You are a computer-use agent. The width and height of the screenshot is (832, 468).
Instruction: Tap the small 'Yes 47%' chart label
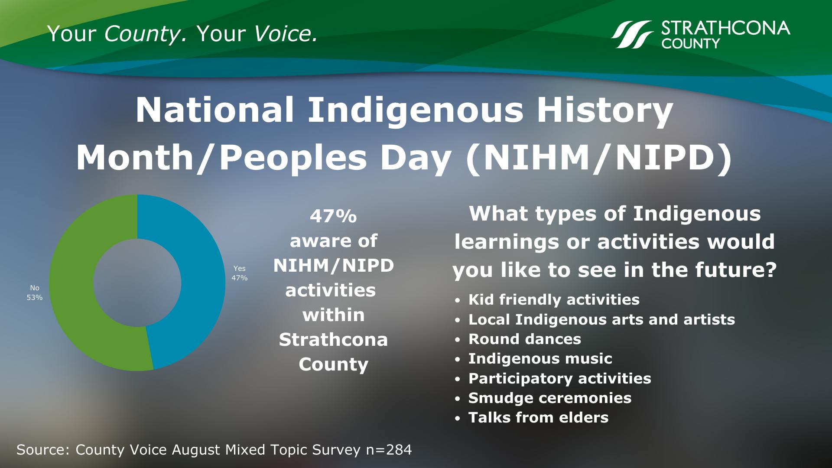click(239, 273)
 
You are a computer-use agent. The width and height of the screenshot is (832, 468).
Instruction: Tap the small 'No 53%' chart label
click(35, 292)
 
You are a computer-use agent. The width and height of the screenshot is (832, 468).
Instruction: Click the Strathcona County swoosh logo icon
click(632, 34)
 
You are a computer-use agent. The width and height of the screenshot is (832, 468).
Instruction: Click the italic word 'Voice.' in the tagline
click(286, 34)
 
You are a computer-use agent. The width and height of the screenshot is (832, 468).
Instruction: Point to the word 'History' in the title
click(604, 110)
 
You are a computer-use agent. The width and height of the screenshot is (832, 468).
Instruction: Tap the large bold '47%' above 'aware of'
click(333, 216)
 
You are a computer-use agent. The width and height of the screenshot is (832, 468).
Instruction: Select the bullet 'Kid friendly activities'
click(553, 299)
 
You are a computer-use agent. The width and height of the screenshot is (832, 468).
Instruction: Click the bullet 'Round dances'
click(524, 339)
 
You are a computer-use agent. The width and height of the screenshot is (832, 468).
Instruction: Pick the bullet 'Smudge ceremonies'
click(549, 398)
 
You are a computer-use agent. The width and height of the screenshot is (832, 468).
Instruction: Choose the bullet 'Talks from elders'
click(538, 417)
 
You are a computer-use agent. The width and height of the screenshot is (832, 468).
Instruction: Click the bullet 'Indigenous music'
click(540, 358)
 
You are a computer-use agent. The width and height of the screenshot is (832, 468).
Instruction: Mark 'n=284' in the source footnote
click(389, 450)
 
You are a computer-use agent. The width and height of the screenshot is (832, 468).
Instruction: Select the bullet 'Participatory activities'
click(559, 378)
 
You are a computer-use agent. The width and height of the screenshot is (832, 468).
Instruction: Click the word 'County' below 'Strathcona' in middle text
click(333, 364)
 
